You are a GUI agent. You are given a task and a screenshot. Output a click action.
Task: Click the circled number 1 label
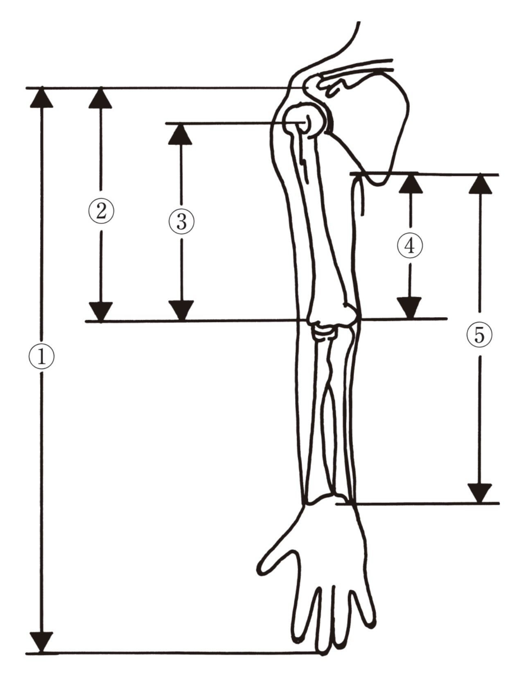(41, 356)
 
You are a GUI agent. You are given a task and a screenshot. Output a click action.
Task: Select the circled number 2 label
(101, 211)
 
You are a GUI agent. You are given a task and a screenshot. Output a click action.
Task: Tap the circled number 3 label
(181, 221)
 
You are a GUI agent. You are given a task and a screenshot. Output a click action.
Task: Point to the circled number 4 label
(410, 246)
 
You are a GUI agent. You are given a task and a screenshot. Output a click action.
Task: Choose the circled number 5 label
(479, 335)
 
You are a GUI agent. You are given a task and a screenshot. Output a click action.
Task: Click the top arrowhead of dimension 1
(41, 98)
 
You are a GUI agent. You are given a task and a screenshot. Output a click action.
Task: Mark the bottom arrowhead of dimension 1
(41, 642)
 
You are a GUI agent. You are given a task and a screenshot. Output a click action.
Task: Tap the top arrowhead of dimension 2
(101, 98)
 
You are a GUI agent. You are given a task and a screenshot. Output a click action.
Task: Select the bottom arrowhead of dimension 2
(101, 312)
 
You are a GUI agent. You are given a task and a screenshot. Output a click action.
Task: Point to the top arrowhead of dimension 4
(411, 184)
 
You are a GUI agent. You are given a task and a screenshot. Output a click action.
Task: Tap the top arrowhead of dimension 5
(480, 185)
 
